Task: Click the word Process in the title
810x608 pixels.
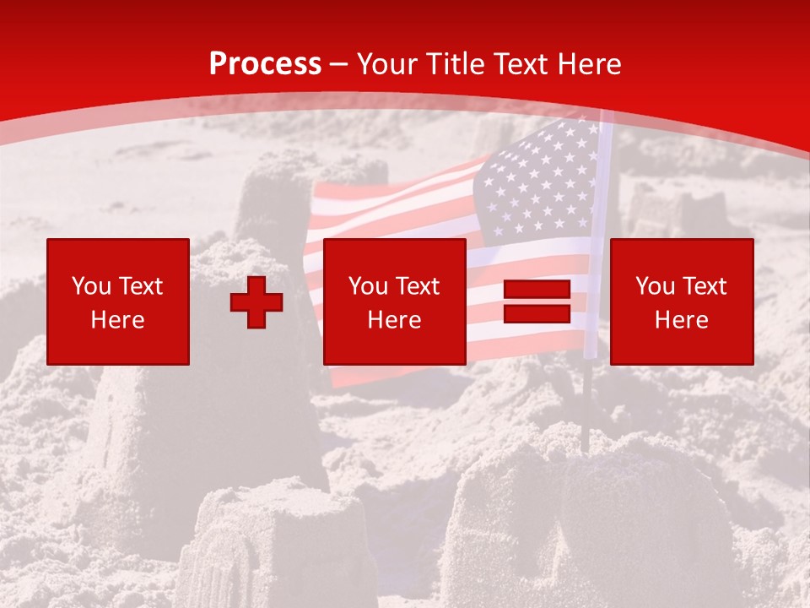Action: click(x=265, y=64)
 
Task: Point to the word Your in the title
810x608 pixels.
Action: click(x=388, y=64)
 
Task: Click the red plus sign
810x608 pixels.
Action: click(x=256, y=302)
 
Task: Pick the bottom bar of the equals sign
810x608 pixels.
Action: click(x=537, y=313)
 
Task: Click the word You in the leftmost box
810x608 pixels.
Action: click(x=91, y=286)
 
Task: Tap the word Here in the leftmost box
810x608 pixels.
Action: click(x=118, y=320)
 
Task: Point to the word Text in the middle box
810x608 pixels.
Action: click(x=416, y=286)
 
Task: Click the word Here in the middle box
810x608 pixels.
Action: click(x=395, y=320)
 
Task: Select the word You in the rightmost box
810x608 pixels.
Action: click(x=655, y=286)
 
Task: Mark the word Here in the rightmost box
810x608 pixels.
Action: click(x=682, y=320)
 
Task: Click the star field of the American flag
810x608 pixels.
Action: click(x=540, y=182)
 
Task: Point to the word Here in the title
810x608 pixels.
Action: click(x=590, y=64)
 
